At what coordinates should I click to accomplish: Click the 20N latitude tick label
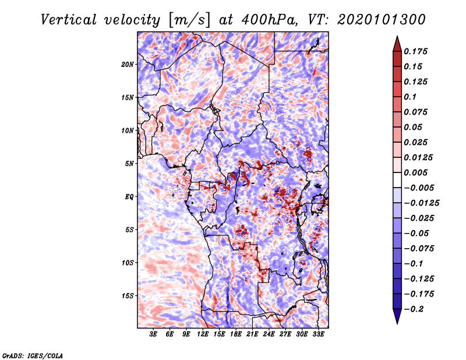coord(128,64)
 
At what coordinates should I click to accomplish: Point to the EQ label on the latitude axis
coord(129,197)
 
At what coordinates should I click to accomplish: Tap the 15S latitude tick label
coord(128,296)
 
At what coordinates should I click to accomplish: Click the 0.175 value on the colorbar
coord(416,51)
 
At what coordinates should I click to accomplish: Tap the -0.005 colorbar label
coord(418,188)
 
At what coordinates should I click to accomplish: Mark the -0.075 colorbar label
coord(418,248)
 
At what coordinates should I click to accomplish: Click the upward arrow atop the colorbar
coord(396,42)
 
